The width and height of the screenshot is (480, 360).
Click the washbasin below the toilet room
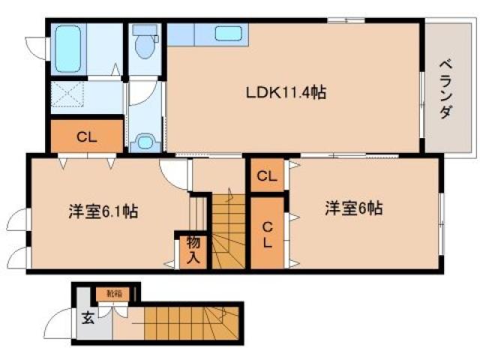[x=145, y=140]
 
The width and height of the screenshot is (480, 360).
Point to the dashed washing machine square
[x=68, y=96]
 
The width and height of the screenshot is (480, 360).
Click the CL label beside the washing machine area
[x=86, y=137]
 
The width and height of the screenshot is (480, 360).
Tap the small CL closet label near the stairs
[x=266, y=176]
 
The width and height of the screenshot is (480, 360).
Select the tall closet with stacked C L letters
[x=266, y=234]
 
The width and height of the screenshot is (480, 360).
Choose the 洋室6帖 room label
[x=353, y=208]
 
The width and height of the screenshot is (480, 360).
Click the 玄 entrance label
[x=88, y=318]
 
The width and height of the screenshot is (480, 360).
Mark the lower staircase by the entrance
[x=187, y=322]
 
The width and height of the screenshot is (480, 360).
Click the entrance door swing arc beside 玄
[x=60, y=325]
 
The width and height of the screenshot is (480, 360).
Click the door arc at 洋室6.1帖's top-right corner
[x=174, y=173]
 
